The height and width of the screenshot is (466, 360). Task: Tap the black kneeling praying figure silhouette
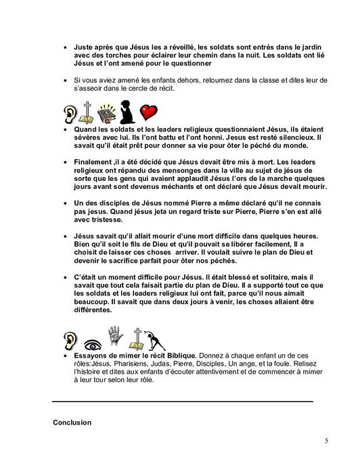[x=127, y=110]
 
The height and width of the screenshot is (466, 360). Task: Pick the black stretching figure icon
[x=157, y=338]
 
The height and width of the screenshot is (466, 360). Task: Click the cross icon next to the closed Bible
[x=87, y=110]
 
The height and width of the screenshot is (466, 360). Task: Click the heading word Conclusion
[x=72, y=423]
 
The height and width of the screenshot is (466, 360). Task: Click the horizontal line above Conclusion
[x=183, y=402]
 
